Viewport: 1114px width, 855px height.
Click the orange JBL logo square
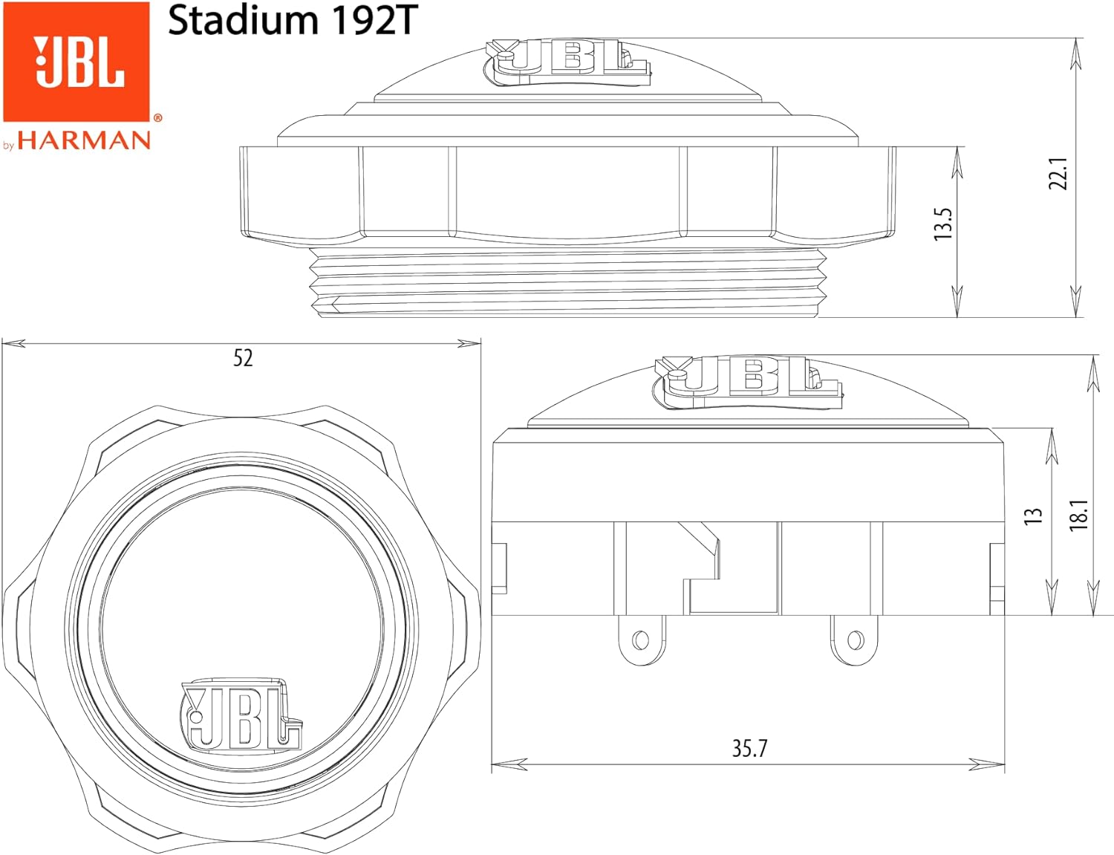point(76,62)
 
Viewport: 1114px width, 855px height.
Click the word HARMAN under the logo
point(84,140)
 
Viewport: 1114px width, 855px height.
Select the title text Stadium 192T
point(293,21)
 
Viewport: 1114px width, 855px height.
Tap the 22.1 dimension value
point(1058,173)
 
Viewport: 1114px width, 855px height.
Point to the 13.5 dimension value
point(942,224)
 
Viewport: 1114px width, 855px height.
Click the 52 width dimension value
point(243,358)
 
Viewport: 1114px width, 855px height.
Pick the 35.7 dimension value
point(749,748)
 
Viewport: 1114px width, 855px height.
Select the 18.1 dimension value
point(1078,515)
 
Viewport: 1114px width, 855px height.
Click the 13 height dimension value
point(1033,515)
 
